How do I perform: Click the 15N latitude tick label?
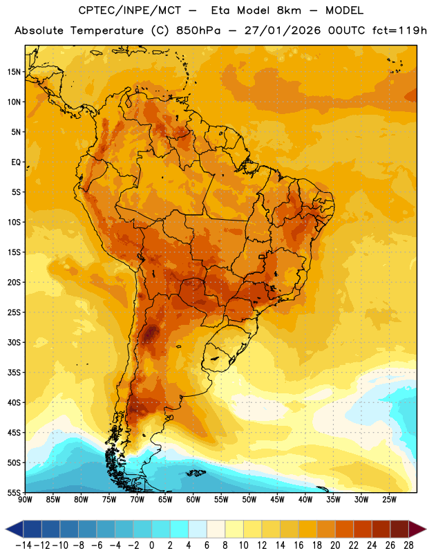click(x=14, y=72)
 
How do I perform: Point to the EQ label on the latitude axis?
click(x=16, y=162)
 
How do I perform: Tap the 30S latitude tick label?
click(x=14, y=342)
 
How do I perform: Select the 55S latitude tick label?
click(x=14, y=492)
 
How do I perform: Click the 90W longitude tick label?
click(x=25, y=500)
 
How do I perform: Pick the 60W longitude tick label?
click(x=193, y=500)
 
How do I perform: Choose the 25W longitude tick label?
click(x=389, y=500)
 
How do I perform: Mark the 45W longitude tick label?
click(x=277, y=500)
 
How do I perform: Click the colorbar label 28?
click(x=408, y=545)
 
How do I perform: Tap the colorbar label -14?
click(x=23, y=545)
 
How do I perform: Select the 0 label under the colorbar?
click(x=152, y=545)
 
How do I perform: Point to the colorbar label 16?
click(x=298, y=545)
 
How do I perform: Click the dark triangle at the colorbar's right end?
click(x=417, y=529)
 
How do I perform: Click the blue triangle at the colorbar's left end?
click(x=15, y=529)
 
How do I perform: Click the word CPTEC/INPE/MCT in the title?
click(x=130, y=10)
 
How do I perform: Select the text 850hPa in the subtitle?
click(x=198, y=30)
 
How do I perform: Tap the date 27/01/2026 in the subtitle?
click(x=283, y=30)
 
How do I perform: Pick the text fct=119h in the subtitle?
click(x=400, y=30)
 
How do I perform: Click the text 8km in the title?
click(x=289, y=10)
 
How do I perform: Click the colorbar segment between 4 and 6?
click(x=198, y=529)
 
